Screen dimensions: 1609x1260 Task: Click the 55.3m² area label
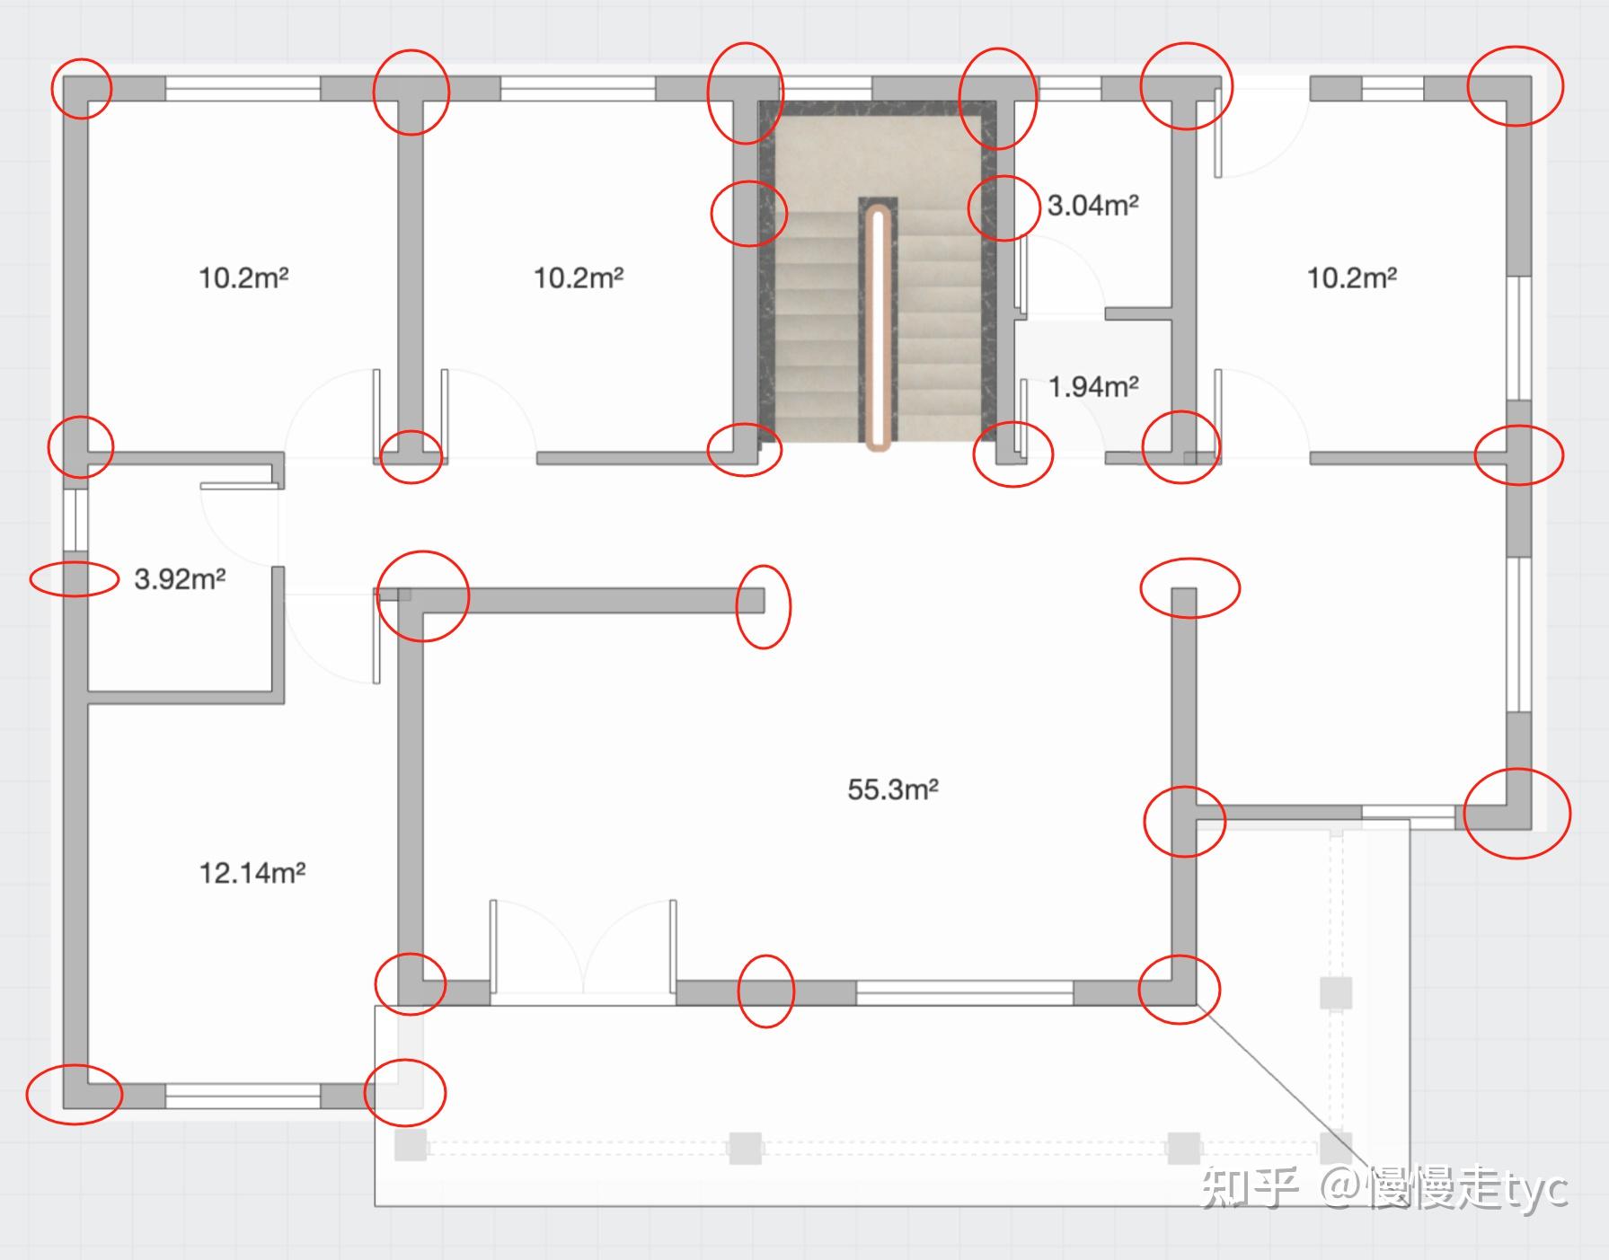click(893, 789)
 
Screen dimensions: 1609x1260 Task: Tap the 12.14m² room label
click(252, 872)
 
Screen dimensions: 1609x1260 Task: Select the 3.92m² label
click(180, 578)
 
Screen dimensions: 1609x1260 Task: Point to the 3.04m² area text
click(1092, 205)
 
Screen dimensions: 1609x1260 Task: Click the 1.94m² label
click(1093, 386)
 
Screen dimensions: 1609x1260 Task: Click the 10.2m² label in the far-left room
click(243, 278)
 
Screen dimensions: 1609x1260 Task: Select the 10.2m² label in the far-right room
click(1351, 278)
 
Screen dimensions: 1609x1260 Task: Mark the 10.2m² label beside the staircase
click(579, 278)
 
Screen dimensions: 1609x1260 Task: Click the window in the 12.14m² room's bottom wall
click(243, 1096)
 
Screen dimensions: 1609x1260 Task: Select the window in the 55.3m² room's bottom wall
click(965, 992)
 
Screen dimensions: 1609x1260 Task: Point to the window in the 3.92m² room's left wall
click(75, 519)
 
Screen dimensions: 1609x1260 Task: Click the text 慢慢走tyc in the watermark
click(1467, 1187)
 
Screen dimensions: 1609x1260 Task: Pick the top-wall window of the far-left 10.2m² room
click(243, 88)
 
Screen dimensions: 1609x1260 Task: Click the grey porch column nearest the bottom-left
click(411, 1145)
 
